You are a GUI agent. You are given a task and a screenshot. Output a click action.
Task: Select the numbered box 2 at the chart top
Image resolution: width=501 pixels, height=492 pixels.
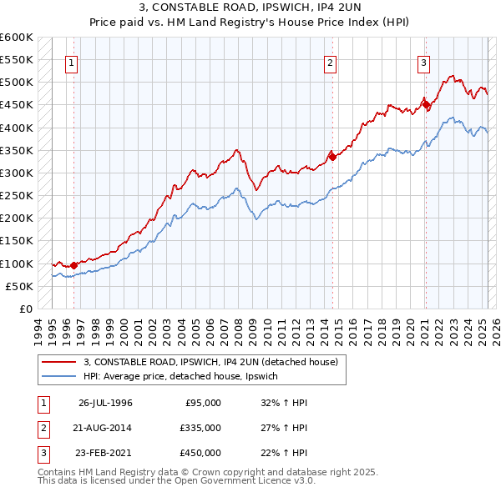tap(330, 63)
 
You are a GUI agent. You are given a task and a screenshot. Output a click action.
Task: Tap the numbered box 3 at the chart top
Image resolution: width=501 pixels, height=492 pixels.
tap(423, 63)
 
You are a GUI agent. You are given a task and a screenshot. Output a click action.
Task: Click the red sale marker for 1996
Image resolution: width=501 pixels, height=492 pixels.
tap(73, 266)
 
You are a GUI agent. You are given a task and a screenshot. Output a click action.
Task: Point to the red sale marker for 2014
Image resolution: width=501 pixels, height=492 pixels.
tap(332, 156)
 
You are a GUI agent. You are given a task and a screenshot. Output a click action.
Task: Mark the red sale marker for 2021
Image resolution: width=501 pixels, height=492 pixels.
tap(426, 104)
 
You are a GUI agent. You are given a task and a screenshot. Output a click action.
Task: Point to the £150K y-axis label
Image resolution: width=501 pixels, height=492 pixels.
tap(17, 241)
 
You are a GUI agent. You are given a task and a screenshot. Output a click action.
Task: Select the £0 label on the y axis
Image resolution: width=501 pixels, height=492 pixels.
tap(25, 309)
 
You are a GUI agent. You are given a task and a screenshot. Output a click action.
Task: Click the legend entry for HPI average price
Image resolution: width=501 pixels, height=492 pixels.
tap(185, 377)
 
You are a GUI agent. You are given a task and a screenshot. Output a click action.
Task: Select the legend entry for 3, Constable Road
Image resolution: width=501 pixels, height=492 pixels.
tap(210, 362)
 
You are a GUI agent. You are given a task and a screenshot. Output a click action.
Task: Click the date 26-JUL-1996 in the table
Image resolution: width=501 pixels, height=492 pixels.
tap(105, 403)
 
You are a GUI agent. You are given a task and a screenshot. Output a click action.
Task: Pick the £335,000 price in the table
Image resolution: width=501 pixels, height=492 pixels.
tap(200, 428)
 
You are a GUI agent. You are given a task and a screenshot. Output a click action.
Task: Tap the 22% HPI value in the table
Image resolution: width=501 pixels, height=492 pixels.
tap(285, 453)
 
